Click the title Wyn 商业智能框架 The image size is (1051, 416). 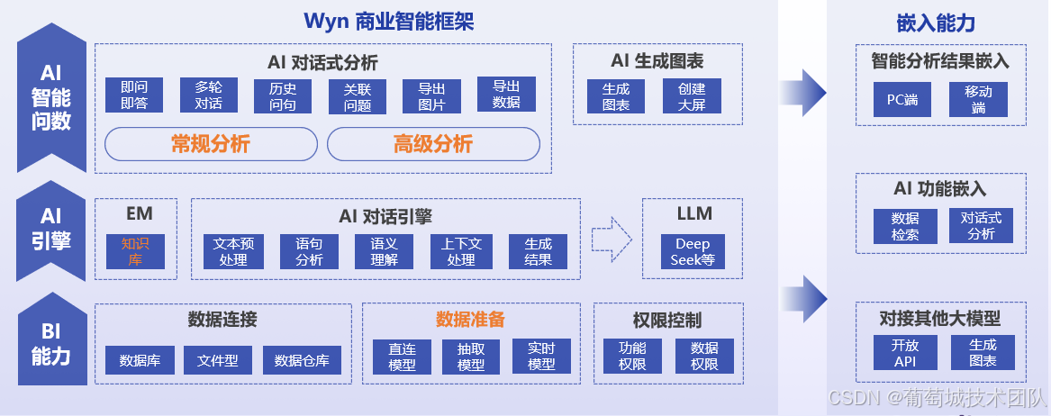point(388,21)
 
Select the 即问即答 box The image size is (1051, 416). point(134,95)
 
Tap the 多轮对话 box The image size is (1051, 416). point(208,95)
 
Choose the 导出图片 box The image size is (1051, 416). point(431,95)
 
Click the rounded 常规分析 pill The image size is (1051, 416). point(211,144)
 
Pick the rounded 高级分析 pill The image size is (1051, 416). point(432,144)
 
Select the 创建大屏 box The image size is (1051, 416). point(692,96)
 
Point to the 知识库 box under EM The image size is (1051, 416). point(135,251)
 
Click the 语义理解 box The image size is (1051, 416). point(384,251)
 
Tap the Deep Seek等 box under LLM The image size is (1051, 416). point(693,252)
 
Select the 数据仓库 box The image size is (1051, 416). point(302,360)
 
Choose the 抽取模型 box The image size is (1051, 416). point(471,357)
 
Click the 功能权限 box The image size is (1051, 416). point(632,356)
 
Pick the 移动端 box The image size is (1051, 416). point(978,100)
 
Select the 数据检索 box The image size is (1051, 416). point(905,226)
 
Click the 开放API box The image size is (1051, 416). point(904,352)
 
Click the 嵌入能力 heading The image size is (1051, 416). point(936,23)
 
